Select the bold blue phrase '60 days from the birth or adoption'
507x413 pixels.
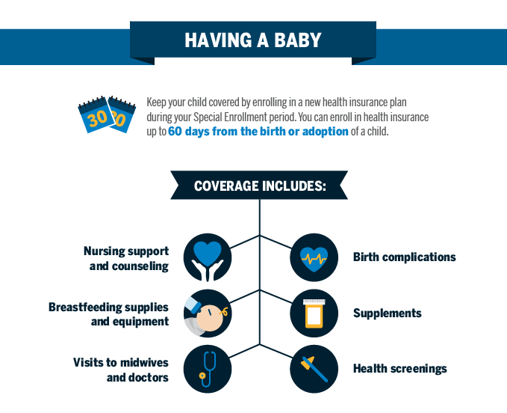coord(258,132)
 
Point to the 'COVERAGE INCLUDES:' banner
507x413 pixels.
coord(259,186)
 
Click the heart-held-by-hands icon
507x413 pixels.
coord(208,257)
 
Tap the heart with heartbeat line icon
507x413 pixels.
coord(314,257)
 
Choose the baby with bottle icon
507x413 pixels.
coord(208,313)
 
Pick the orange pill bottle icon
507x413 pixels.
coord(314,313)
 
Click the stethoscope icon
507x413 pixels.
coord(208,369)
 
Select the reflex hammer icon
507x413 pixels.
coord(314,369)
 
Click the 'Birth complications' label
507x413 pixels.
coord(404,257)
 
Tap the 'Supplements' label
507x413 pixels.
coord(387,313)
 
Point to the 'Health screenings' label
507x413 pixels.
coord(400,369)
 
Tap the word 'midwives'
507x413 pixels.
coord(144,362)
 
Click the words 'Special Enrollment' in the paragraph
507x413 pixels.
coord(244,117)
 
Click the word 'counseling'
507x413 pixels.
coord(140,266)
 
